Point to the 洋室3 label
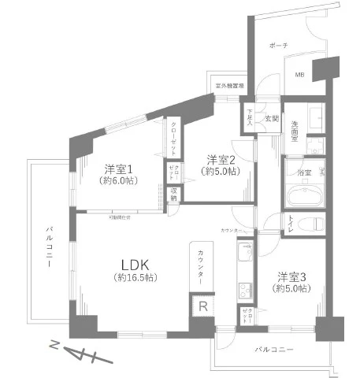point(291,276)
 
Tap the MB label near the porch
point(299,75)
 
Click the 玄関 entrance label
point(271,118)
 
